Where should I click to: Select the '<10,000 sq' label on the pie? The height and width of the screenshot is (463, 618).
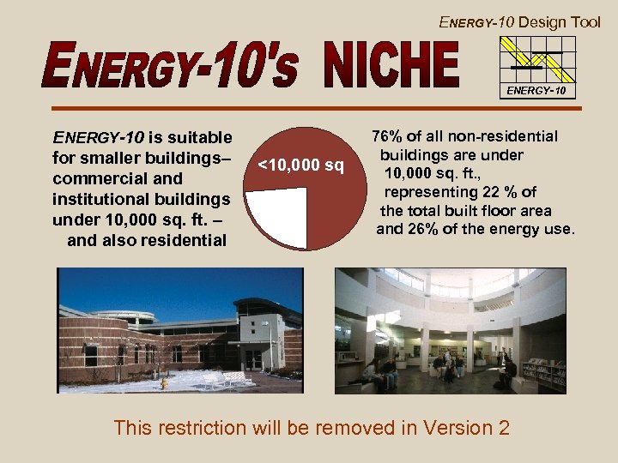[301, 165]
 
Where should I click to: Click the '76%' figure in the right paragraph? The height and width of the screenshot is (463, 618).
[388, 136]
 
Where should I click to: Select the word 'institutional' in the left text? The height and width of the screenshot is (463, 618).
[99, 199]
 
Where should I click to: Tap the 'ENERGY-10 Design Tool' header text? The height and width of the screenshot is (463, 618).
[520, 22]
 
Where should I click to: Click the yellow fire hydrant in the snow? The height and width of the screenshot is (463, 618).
[163, 383]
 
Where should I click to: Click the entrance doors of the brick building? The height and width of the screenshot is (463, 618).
[253, 359]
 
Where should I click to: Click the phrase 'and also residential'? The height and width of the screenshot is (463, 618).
[147, 240]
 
